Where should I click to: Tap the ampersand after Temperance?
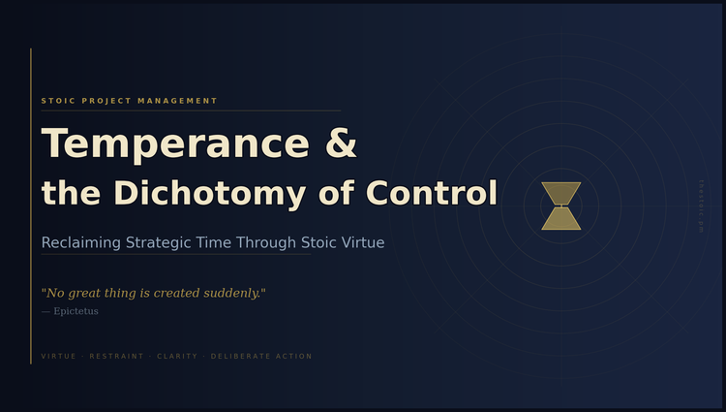[x=341, y=144]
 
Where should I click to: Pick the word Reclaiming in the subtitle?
[x=80, y=242]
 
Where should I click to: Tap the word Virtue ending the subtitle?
[x=362, y=242]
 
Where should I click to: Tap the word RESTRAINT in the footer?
[x=116, y=357]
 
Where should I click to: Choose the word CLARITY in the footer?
[x=177, y=357]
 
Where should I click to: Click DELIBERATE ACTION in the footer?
[x=261, y=357]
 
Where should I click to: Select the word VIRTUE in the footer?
[x=59, y=357]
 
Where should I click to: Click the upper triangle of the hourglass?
[x=561, y=192]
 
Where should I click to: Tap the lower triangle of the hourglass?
[x=561, y=220]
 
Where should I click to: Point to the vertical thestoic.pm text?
[x=701, y=206]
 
